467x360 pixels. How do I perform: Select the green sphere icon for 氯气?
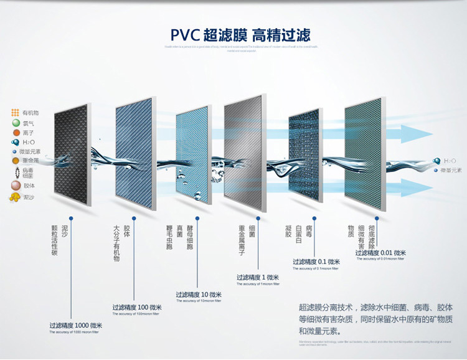[14, 123]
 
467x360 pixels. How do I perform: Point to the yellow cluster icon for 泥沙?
[14, 197]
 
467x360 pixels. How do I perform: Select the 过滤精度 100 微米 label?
[137, 307]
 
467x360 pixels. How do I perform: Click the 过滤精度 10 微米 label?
[199, 294]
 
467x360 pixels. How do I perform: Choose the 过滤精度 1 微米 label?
[258, 277]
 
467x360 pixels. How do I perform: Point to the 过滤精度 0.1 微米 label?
[316, 262]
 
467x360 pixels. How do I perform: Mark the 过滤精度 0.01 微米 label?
[380, 253]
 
